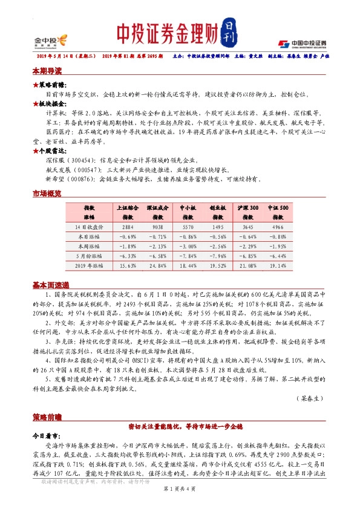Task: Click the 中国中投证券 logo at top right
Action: point(302,43)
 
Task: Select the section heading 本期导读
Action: point(47,71)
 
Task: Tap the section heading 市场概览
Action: point(47,193)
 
